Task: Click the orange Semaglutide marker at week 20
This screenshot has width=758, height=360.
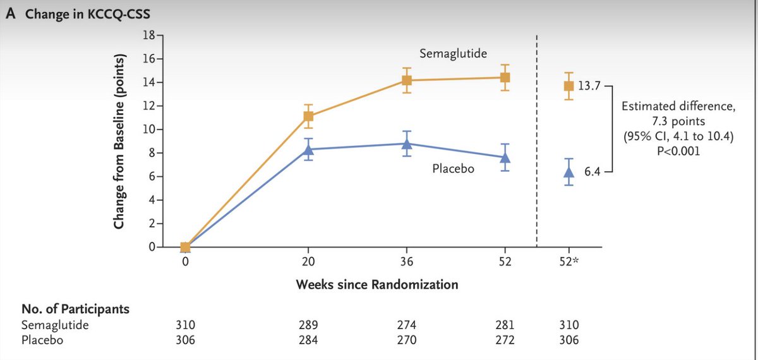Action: point(309,116)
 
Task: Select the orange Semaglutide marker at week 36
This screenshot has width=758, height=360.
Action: point(407,80)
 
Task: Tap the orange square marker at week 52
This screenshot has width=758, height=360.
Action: point(505,78)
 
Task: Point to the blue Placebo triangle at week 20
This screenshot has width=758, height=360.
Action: point(309,149)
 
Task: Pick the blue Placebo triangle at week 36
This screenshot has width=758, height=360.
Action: point(407,143)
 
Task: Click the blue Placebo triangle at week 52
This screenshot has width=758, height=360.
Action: point(505,157)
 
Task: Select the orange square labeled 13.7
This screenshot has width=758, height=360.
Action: point(568,86)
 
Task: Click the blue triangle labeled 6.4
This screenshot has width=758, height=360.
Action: point(568,172)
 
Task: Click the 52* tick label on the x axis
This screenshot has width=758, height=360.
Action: point(570,261)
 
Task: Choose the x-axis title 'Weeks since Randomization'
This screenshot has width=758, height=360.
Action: point(377,285)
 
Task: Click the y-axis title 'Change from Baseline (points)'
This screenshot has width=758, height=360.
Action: point(119,141)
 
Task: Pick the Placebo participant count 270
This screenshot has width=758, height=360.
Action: point(407,339)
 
